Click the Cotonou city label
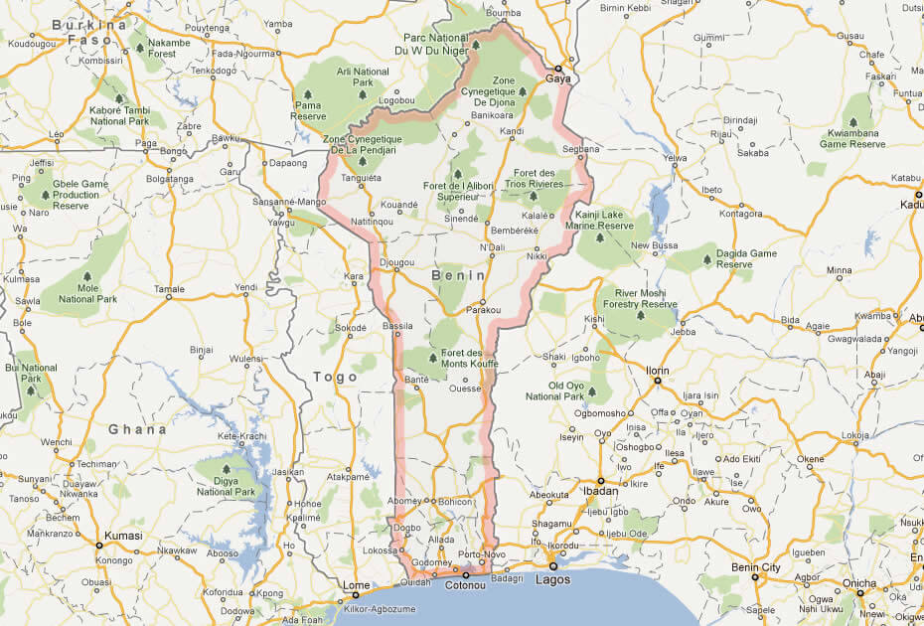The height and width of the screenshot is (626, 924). (464, 586)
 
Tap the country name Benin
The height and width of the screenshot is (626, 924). (458, 275)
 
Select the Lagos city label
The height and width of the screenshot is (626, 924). (553, 579)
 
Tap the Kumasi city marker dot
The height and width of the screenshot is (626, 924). (98, 545)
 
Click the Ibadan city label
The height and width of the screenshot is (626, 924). (600, 492)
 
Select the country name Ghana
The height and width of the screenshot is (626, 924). (137, 429)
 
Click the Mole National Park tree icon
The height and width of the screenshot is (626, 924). (87, 276)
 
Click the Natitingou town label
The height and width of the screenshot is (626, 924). (372, 222)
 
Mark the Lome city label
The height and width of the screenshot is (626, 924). (355, 585)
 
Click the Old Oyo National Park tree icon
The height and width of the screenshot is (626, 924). (591, 391)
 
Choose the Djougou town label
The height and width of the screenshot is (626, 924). (395, 263)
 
